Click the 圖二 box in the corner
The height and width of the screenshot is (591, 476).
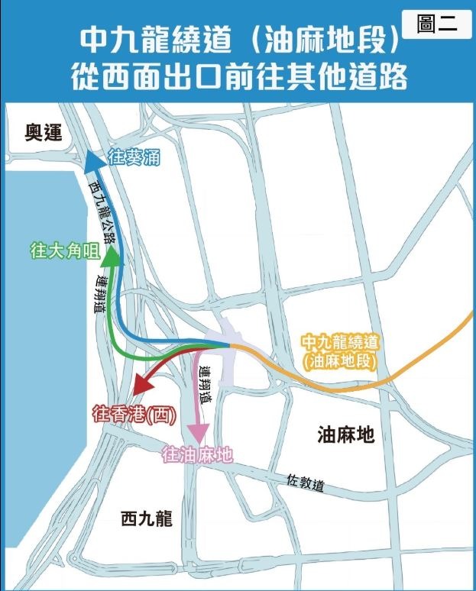tap(436, 24)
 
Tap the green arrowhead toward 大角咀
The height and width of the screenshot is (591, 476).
tap(112, 257)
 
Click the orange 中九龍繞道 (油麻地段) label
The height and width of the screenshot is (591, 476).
tap(341, 351)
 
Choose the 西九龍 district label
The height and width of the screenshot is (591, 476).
tap(147, 519)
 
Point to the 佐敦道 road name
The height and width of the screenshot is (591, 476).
tap(306, 484)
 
